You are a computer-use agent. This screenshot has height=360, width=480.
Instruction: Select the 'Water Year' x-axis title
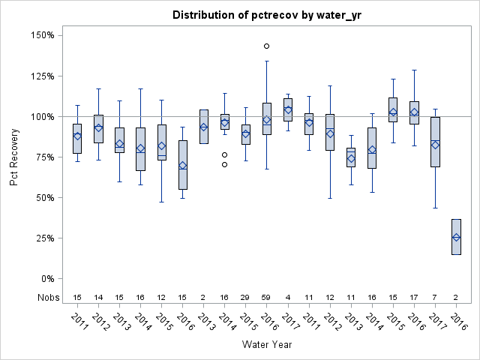pos(267,345)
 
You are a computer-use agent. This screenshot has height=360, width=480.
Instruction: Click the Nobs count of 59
pos(267,297)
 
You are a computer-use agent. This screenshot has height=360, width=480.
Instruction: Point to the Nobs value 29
pos(246,297)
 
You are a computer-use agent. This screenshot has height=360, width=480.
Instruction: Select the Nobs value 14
pos(98,297)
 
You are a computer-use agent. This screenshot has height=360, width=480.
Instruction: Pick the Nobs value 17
pos(414,297)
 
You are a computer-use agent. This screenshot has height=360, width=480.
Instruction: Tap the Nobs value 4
pos(288,297)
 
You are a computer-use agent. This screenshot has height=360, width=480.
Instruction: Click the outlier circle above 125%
pos(267,46)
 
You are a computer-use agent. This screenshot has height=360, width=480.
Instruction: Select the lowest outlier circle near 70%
pos(224,164)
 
